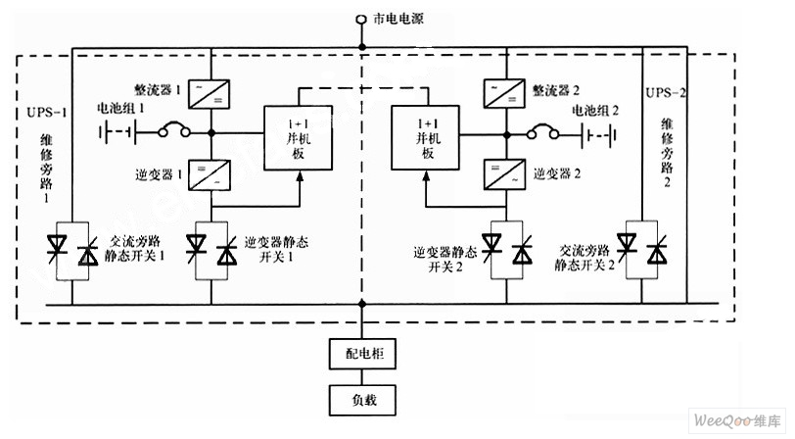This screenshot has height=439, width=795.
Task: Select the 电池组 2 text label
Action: click(x=596, y=109)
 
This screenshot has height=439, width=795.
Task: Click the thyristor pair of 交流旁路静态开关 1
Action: click(x=73, y=249)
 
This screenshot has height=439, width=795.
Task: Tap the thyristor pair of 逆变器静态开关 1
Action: click(x=214, y=248)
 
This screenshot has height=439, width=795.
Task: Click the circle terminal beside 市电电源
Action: click(x=361, y=19)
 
